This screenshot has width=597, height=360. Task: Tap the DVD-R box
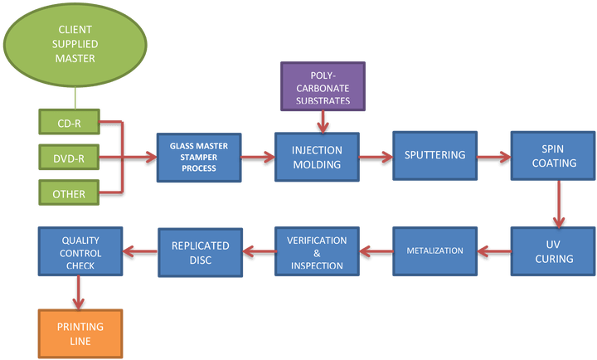[x=70, y=158]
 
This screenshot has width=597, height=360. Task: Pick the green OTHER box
[x=70, y=192]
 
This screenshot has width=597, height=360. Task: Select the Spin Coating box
[x=553, y=155]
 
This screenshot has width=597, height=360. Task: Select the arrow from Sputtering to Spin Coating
[x=494, y=155]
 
